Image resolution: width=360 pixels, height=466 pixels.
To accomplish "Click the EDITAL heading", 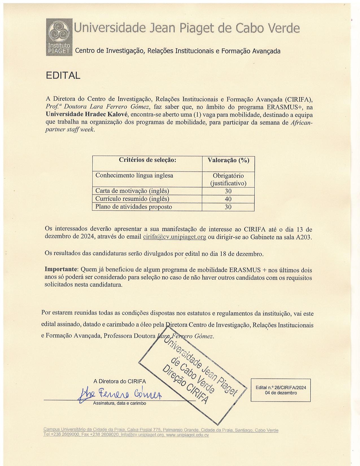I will pyautogui.click(x=63, y=75).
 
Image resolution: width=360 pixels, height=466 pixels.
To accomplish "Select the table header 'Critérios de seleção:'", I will pyautogui.click(x=147, y=160).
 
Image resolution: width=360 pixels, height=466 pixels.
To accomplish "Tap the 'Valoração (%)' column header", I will pyautogui.click(x=228, y=160).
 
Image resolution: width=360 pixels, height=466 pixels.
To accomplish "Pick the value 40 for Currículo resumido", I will pyautogui.click(x=228, y=199).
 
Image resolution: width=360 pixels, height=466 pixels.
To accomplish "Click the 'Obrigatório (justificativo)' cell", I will pyautogui.click(x=228, y=180).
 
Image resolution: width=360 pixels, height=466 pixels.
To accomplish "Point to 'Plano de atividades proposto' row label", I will pyautogui.click(x=134, y=207).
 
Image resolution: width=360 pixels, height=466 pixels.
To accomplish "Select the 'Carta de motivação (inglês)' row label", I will pyautogui.click(x=132, y=191).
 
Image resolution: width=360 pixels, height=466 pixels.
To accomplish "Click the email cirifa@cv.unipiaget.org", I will pyautogui.click(x=174, y=237).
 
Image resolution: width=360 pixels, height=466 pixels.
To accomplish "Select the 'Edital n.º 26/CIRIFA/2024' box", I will pyautogui.click(x=280, y=390).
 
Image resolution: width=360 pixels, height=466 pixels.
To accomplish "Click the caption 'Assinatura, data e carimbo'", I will pyautogui.click(x=119, y=403).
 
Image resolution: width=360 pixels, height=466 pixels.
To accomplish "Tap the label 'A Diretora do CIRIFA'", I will pyautogui.click(x=120, y=381).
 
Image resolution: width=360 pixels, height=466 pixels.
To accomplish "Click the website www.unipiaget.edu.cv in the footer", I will pyautogui.click(x=187, y=435).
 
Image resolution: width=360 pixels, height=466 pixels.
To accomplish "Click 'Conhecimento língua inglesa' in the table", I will pyautogui.click(x=134, y=175).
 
